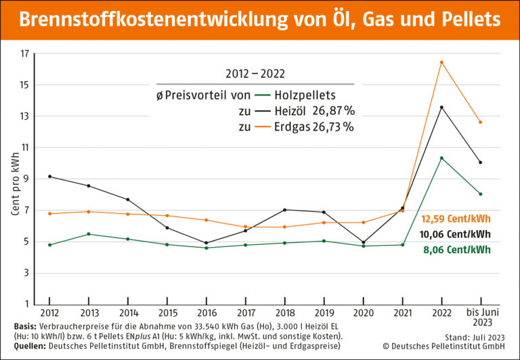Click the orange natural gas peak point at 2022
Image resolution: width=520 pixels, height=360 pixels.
441,62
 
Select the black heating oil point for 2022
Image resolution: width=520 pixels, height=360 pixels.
441,107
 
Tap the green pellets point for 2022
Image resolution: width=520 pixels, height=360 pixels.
441,158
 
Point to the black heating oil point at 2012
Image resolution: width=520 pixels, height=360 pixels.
49,177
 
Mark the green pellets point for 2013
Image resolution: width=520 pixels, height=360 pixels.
89,234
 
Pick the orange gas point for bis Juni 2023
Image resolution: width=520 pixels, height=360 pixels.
480,122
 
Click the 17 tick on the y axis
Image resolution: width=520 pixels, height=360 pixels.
25,53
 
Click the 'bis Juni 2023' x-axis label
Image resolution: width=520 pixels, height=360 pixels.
480,318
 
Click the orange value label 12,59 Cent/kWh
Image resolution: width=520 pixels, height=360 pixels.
456,219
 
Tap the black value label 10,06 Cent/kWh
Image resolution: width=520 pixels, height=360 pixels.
456,234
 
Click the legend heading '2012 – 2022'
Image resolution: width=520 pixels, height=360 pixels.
252,72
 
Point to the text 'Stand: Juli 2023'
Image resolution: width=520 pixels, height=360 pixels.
477,336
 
